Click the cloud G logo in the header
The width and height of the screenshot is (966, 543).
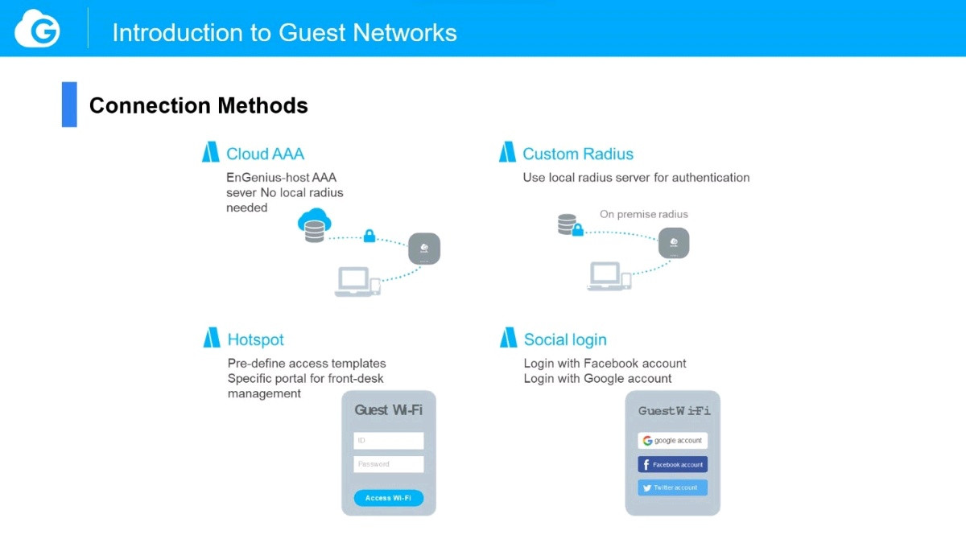37,30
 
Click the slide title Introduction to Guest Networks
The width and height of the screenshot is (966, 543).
284,32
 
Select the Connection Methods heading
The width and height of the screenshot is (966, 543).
198,105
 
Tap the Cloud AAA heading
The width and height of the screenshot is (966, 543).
265,154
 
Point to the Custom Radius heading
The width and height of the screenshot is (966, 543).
577,154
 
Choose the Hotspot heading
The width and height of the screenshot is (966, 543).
255,339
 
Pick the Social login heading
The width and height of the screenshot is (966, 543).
564,339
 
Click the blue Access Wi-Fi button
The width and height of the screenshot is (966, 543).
388,498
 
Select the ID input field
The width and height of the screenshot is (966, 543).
388,441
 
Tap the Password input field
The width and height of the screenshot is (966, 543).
388,464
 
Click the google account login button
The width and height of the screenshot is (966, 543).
672,441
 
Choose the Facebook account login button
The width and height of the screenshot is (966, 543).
672,465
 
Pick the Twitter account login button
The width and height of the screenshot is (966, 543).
672,487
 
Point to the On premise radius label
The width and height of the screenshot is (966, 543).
643,214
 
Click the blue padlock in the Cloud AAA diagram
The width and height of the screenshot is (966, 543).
369,236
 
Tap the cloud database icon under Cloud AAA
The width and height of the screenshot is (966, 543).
313,224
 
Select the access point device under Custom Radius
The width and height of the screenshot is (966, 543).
674,243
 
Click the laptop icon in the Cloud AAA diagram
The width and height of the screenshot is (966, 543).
353,281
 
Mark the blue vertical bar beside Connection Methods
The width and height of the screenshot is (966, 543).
69,105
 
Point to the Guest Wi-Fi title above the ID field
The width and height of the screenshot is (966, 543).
388,410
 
